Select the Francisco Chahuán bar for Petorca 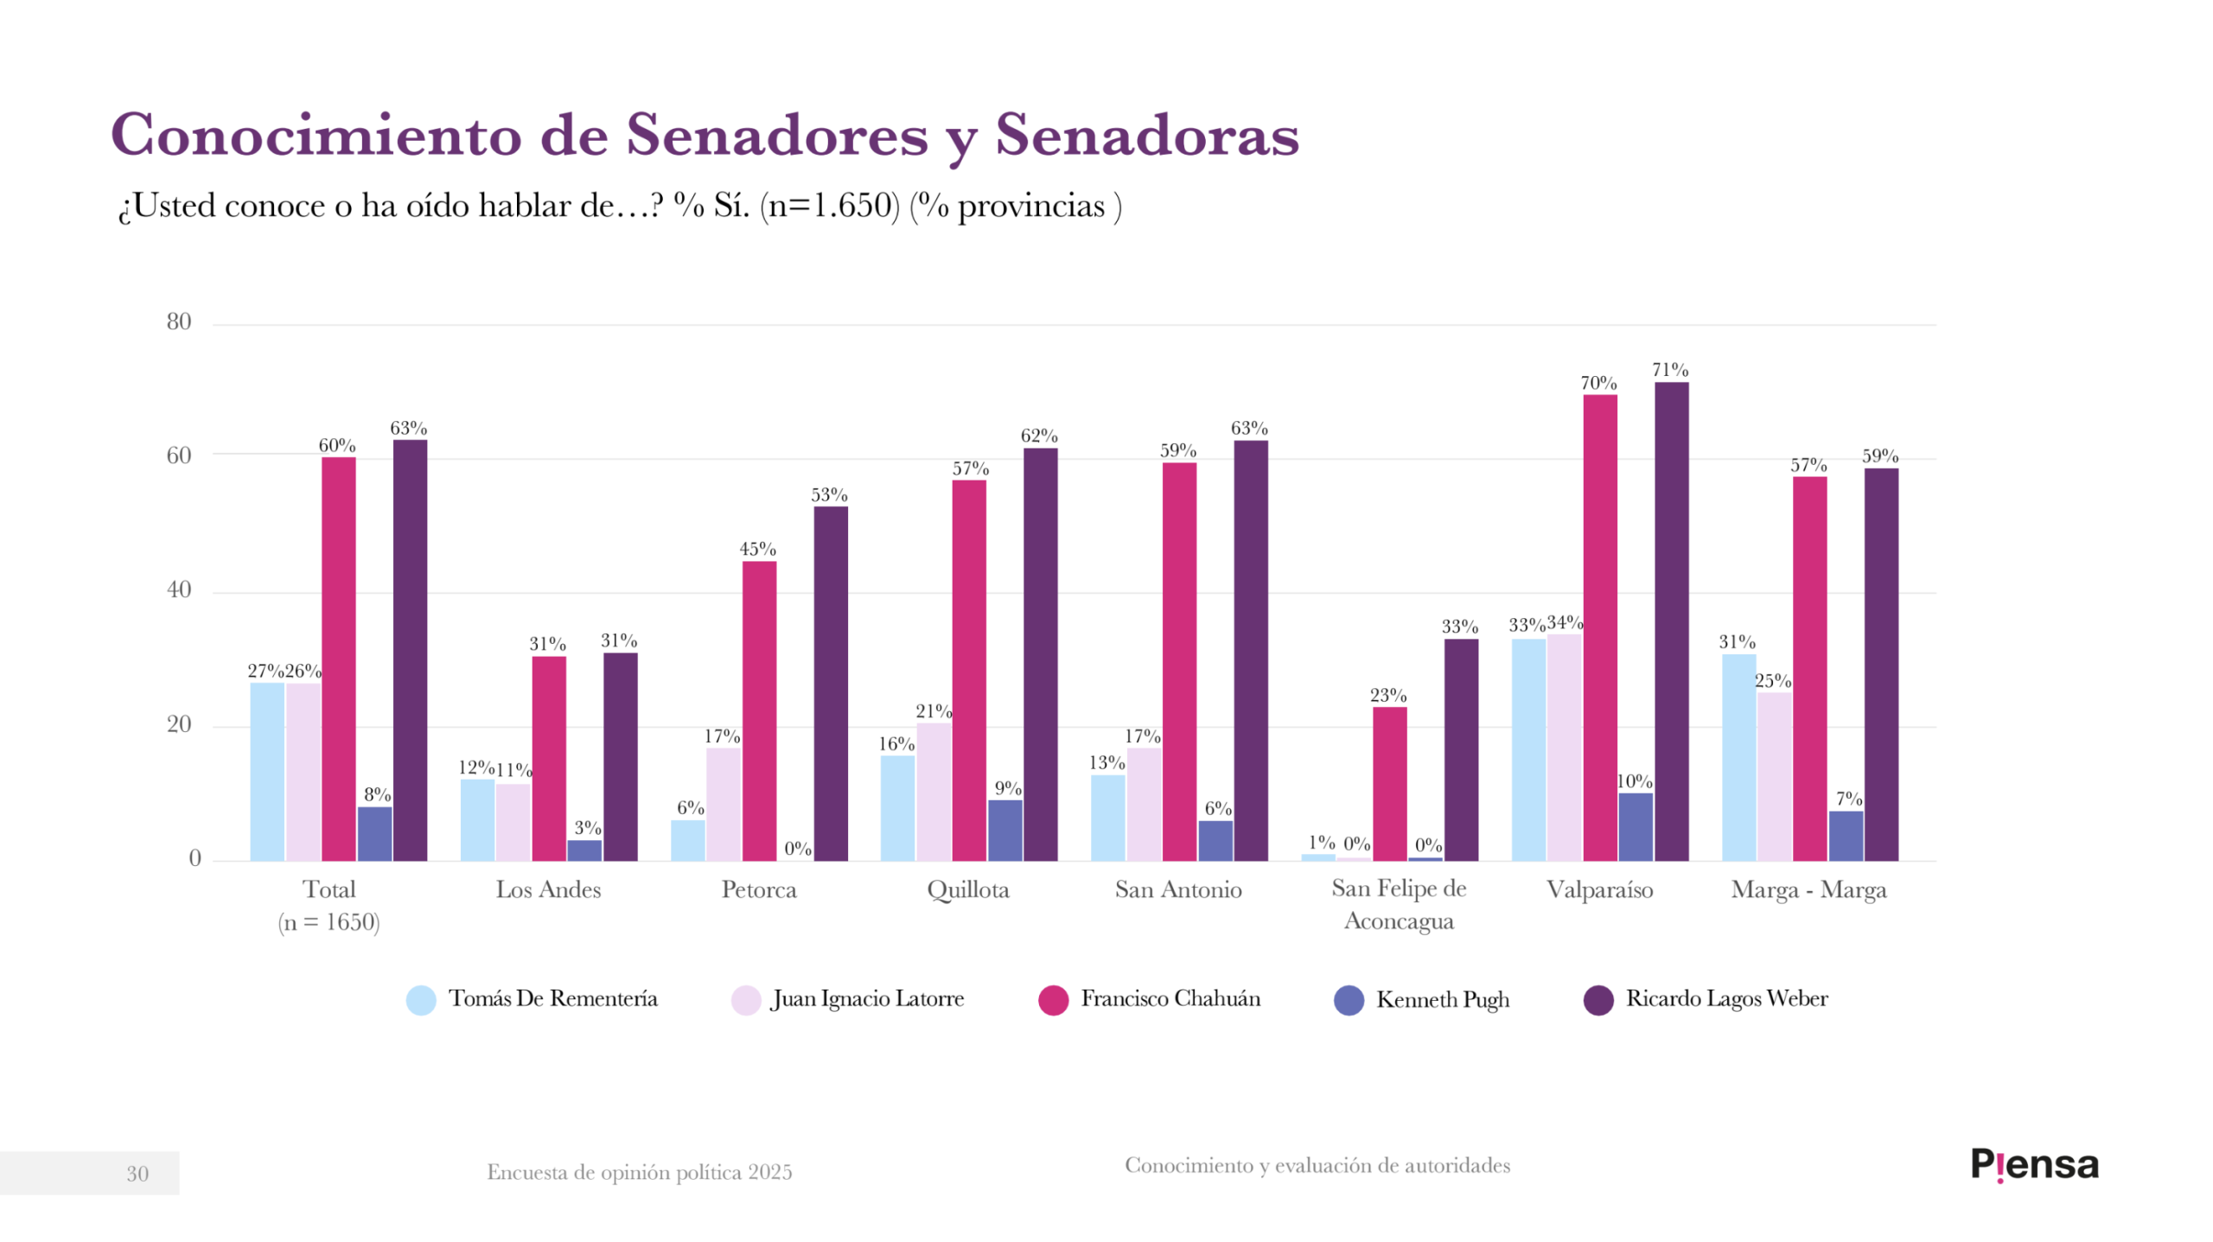coord(758,710)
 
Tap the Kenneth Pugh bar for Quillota coord(1004,830)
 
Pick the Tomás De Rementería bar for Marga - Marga coord(1738,757)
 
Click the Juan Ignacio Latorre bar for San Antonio coord(1143,804)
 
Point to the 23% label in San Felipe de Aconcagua coord(1387,695)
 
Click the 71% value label coord(1669,370)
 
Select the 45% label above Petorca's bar coord(757,549)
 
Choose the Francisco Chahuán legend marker coord(1053,1000)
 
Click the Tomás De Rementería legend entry coord(532,999)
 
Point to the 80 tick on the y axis coord(179,322)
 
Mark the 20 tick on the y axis coord(179,724)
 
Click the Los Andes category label coord(548,889)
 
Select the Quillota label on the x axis coord(967,889)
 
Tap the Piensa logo coord(2033,1164)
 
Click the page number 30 coord(137,1173)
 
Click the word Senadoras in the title coord(1146,136)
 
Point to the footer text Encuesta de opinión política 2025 coord(639,1172)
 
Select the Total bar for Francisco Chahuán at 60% coord(338,659)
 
